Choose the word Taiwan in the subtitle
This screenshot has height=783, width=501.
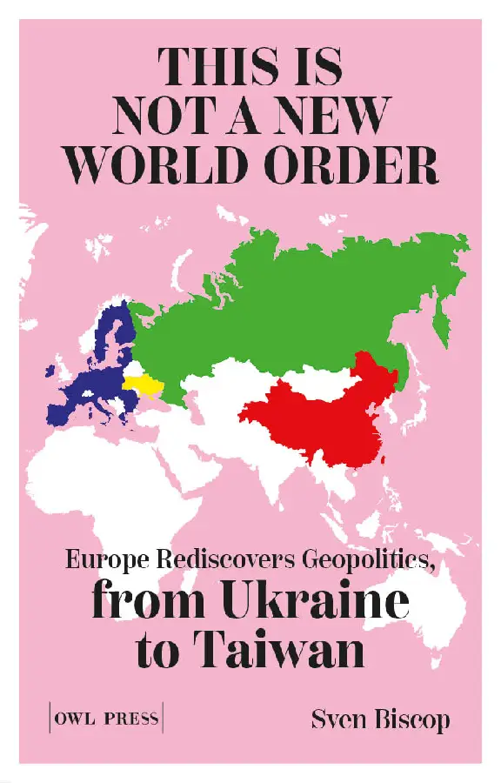coord(291,651)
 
